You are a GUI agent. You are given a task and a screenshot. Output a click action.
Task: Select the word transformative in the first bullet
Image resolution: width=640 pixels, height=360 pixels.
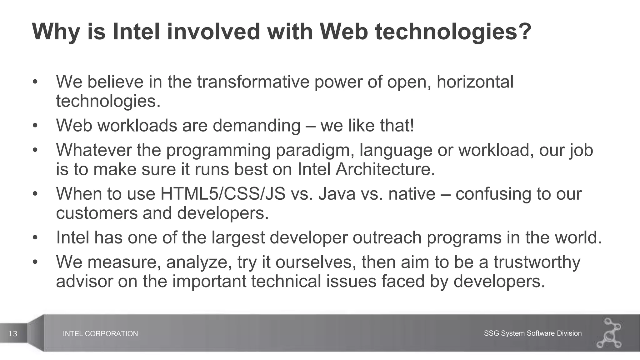tap(253, 82)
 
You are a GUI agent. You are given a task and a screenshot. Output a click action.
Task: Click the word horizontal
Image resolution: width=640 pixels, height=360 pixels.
tap(475, 82)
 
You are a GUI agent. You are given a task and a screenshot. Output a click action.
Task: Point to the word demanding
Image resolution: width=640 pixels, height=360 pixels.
tap(256, 126)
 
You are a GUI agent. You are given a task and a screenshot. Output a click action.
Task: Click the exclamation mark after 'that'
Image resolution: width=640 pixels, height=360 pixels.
tap(412, 126)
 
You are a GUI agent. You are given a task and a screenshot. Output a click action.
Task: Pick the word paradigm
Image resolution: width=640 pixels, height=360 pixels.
tap(314, 150)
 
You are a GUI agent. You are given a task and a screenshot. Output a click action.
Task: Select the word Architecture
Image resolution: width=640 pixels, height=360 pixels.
tap(385, 169)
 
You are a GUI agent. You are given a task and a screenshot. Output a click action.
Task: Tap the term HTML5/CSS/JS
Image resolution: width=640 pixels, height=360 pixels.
tap(223, 194)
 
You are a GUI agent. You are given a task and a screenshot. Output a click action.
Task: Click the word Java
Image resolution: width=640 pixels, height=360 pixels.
tap(337, 194)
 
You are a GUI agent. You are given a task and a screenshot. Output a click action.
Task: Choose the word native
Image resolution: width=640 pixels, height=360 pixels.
tap(412, 194)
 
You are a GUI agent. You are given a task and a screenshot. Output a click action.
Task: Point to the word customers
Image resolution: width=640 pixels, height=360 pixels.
tap(97, 213)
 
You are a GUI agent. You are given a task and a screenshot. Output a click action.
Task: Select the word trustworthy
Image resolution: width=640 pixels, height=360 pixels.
tap(537, 262)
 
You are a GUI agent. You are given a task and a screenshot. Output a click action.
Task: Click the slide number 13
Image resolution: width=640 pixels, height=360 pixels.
tap(13, 334)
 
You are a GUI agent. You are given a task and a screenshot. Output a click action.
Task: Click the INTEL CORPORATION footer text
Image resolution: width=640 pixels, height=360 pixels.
tap(100, 334)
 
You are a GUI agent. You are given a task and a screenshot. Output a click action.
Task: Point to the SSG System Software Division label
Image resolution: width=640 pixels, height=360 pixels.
tap(532, 333)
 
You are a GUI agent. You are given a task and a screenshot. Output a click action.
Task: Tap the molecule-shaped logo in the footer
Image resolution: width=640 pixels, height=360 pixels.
tap(610, 333)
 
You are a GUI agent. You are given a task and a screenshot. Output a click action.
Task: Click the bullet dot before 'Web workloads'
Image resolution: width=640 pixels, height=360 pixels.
tap(35, 126)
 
